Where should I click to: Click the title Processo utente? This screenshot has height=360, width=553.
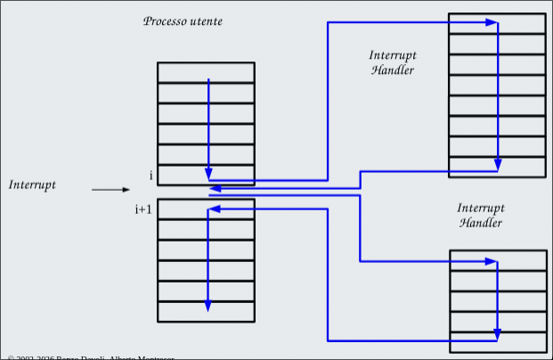click(x=183, y=20)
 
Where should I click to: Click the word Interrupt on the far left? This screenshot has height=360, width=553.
click(x=32, y=184)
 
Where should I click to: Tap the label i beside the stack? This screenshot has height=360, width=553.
click(x=150, y=175)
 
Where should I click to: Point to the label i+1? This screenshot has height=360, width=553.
click(x=143, y=209)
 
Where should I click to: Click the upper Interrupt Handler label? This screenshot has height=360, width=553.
click(x=393, y=62)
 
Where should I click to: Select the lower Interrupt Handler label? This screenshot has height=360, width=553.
click(x=481, y=215)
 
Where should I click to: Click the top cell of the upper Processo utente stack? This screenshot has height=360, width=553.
click(x=206, y=72)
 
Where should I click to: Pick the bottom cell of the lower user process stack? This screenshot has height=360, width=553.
click(x=206, y=312)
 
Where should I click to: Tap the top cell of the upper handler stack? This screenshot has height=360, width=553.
click(x=497, y=23)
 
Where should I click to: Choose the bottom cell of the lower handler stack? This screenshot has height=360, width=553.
click(x=498, y=341)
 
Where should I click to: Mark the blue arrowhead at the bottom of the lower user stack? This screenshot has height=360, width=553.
click(x=208, y=305)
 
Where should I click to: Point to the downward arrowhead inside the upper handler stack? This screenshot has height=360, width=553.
click(x=498, y=165)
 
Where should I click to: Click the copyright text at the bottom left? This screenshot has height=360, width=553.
click(x=89, y=356)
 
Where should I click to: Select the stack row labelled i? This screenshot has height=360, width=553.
click(x=206, y=175)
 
